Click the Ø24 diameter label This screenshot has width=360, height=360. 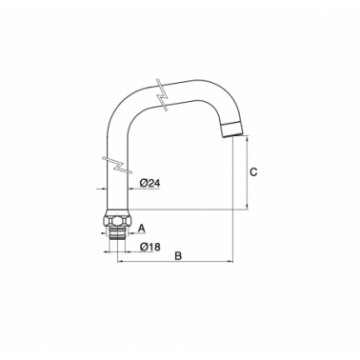point(150,183)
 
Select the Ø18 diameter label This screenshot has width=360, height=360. point(150,247)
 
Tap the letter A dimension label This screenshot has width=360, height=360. point(142,228)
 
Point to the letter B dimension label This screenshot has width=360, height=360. point(178,256)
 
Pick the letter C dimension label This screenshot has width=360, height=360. point(253,172)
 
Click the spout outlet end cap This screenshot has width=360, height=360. point(232,130)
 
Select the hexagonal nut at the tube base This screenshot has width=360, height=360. point(116,219)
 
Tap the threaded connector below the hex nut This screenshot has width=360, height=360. point(116,232)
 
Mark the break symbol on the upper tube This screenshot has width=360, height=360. point(162,94)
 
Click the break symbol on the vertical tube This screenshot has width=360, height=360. point(116,165)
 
